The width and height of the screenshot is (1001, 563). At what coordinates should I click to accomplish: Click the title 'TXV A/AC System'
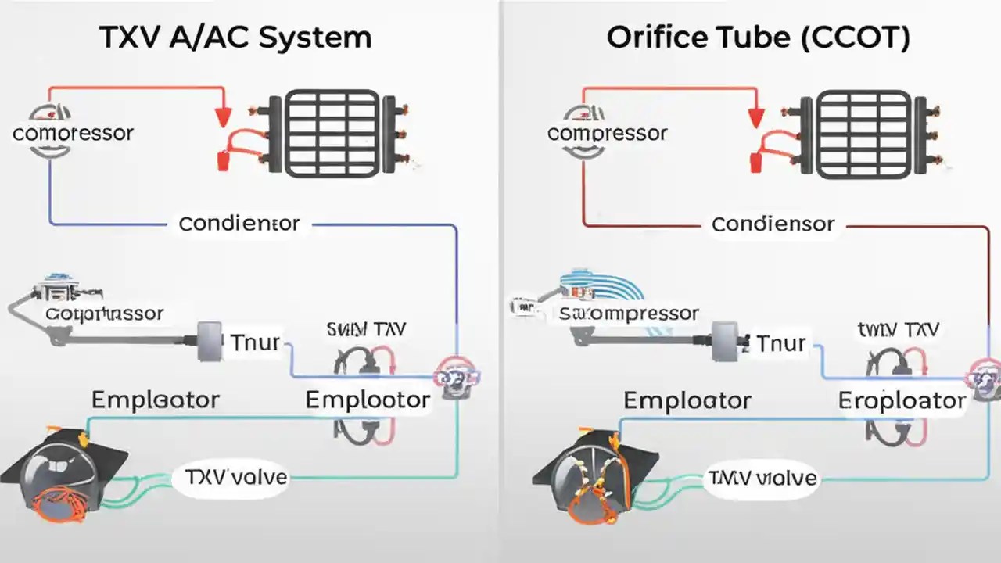pyautogui.click(x=235, y=38)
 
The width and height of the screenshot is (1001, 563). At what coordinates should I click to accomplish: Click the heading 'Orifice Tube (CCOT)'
pyautogui.click(x=758, y=38)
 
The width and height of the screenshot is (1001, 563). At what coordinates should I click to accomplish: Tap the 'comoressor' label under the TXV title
pyautogui.click(x=73, y=132)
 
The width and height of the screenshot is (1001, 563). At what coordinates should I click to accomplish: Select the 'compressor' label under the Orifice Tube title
pyautogui.click(x=608, y=133)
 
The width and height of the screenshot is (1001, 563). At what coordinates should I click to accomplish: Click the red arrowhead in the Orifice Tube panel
pyautogui.click(x=755, y=117)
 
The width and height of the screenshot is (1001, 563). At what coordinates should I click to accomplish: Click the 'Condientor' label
pyautogui.click(x=239, y=224)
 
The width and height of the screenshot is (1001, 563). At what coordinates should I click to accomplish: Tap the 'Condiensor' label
pyautogui.click(x=773, y=224)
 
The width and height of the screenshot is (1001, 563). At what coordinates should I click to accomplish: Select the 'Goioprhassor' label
pyautogui.click(x=104, y=314)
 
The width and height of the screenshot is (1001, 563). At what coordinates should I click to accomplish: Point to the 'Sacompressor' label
pyautogui.click(x=629, y=314)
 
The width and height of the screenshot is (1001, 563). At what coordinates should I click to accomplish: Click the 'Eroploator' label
pyautogui.click(x=902, y=400)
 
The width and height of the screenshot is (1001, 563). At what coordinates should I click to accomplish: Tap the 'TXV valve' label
pyautogui.click(x=236, y=476)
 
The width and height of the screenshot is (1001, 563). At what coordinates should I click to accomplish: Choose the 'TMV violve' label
pyautogui.click(x=762, y=477)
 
